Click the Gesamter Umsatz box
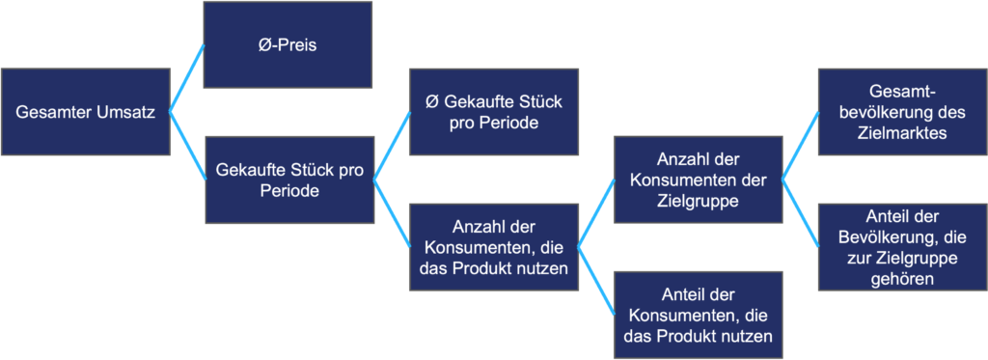[85, 112]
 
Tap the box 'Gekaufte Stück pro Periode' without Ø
[288, 180]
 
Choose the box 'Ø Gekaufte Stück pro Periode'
[493, 112]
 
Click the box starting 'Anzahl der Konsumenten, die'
[493, 246]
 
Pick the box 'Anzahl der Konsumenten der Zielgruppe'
[697, 180]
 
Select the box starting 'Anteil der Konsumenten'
[697, 314]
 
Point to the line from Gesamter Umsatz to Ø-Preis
[187, 78]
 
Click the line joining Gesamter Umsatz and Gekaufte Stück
[187, 146]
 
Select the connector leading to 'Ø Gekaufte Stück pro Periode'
[391, 146]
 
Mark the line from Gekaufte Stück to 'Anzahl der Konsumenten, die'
[391, 213]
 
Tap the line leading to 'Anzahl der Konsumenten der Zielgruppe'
[595, 212]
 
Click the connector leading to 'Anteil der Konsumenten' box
[595, 280]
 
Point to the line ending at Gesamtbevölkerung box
[800, 146]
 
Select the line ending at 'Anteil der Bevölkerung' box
[800, 213]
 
